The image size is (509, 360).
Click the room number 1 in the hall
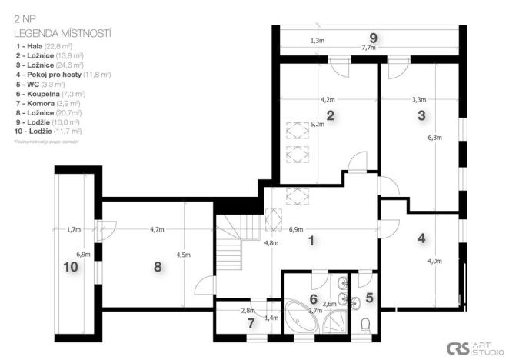click(311, 241)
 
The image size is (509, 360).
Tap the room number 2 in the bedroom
click(330, 117)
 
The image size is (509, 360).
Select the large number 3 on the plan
click(421, 116)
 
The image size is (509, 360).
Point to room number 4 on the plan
click(421, 238)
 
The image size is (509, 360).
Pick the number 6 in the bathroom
click(313, 298)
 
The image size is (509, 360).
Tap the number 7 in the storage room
click(251, 322)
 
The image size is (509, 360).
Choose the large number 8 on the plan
click(158, 266)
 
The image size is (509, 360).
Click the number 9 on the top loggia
click(373, 37)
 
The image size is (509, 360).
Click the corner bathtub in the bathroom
click(302, 317)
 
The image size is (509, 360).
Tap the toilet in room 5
click(366, 323)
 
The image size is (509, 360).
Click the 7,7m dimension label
click(368, 48)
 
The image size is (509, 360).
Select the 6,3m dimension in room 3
click(435, 138)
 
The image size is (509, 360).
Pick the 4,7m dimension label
click(158, 229)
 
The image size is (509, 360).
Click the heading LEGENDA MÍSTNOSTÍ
click(63, 34)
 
